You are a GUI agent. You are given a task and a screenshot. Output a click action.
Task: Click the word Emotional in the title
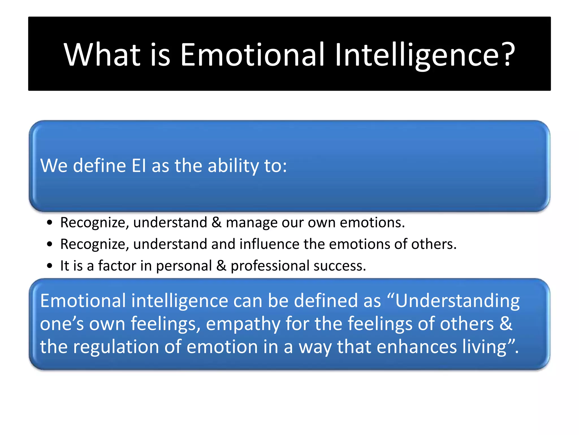tap(252, 54)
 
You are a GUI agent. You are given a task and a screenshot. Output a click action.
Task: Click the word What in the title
tap(102, 54)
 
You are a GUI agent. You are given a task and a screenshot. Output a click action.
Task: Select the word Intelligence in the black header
tap(417, 54)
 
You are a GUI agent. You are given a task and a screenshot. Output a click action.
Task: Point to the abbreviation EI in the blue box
tap(139, 165)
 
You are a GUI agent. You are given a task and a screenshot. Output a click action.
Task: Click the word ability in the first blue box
tap(233, 166)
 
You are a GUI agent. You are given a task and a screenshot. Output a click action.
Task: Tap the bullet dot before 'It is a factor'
tap(50, 266)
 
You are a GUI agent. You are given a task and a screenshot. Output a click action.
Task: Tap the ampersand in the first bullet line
tap(216, 222)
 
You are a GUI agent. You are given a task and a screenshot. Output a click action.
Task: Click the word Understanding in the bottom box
tap(457, 301)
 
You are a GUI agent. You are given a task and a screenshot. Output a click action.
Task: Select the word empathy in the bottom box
tap(243, 324)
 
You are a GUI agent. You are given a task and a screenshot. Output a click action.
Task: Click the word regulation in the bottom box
tap(116, 347)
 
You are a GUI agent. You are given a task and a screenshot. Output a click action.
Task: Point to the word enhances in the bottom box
tap(416, 347)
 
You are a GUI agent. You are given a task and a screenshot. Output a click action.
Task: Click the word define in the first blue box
tap(99, 165)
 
